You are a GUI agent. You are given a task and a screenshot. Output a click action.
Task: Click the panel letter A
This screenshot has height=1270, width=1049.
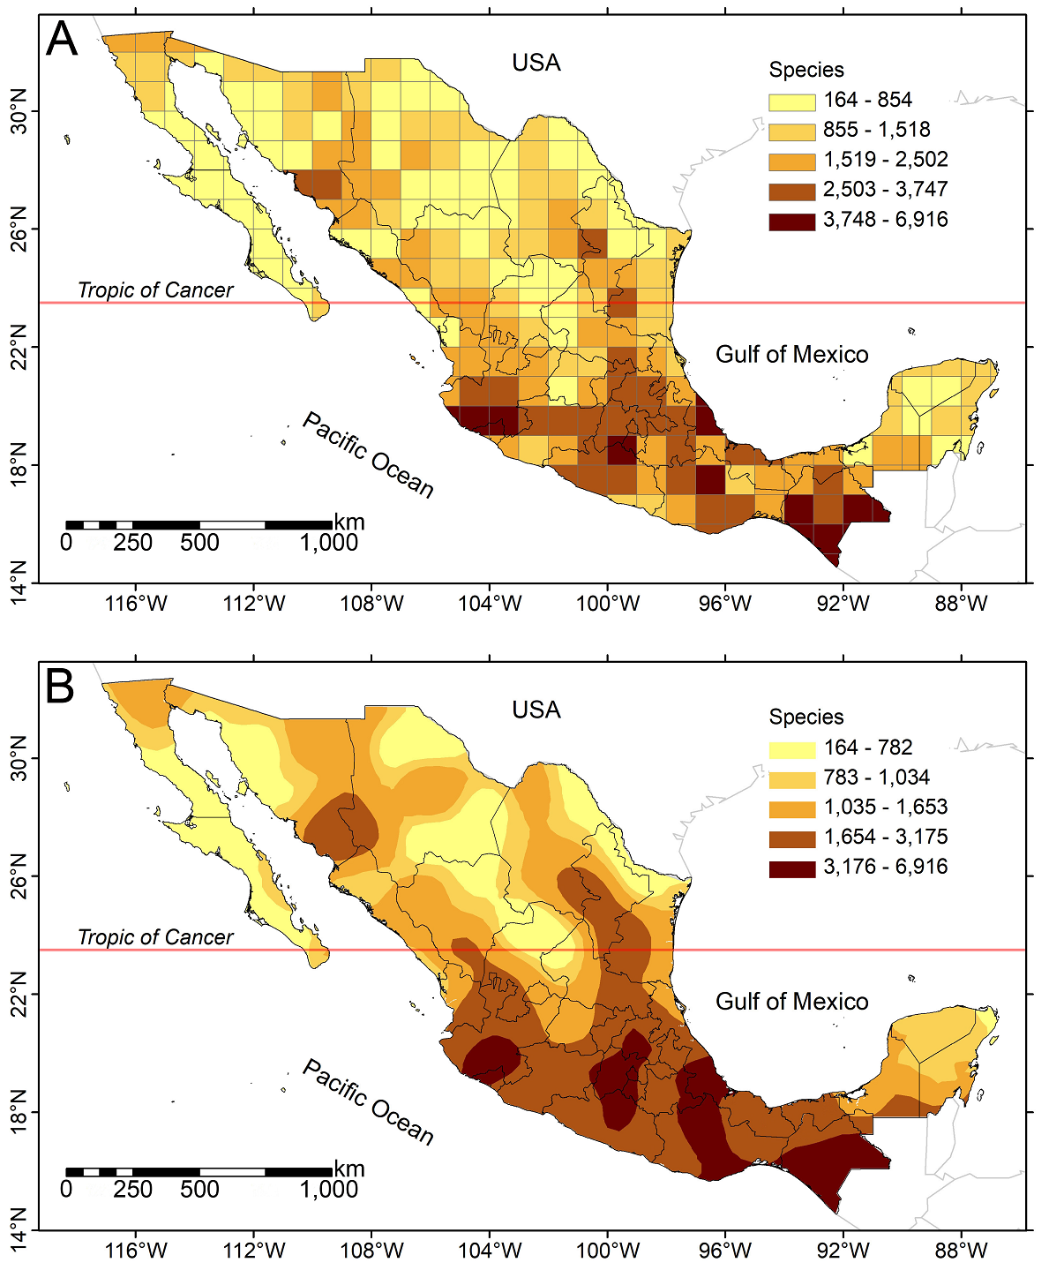62,40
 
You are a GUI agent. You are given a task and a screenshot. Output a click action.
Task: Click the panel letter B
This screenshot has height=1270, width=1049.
60,687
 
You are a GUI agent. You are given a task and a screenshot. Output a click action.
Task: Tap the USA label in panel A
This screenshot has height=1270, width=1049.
536,63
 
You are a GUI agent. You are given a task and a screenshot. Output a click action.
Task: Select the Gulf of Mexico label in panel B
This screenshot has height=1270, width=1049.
791,1002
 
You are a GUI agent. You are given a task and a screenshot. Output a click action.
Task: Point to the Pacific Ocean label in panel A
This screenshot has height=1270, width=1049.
368,455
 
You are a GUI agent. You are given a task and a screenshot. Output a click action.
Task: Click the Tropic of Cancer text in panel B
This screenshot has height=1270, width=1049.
155,937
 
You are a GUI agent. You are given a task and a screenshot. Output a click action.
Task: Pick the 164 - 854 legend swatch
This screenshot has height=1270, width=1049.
791,101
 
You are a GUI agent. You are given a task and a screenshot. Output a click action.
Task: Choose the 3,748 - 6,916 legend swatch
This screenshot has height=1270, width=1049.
791,221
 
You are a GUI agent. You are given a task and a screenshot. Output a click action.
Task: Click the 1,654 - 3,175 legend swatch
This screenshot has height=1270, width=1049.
791,838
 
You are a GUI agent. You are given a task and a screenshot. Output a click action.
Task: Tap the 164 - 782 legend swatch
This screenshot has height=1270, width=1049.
791,748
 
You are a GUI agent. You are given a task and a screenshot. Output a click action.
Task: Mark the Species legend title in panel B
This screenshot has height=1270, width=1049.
805,717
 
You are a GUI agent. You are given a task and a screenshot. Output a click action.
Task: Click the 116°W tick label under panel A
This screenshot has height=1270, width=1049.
136,605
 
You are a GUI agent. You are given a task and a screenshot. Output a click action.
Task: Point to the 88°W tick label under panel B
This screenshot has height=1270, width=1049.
961,1251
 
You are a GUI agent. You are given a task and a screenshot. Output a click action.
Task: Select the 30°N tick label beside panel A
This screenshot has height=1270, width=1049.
19,111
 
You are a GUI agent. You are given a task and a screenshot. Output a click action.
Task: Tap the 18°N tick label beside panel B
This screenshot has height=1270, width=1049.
19,1111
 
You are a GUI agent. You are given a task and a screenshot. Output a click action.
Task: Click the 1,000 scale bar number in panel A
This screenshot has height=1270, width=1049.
328,543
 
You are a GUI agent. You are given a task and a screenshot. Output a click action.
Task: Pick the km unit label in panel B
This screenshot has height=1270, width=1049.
349,1169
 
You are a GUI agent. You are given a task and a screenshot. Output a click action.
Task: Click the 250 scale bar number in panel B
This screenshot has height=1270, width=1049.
132,1190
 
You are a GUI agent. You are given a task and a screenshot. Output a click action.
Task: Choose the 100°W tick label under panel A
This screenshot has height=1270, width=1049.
607,605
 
